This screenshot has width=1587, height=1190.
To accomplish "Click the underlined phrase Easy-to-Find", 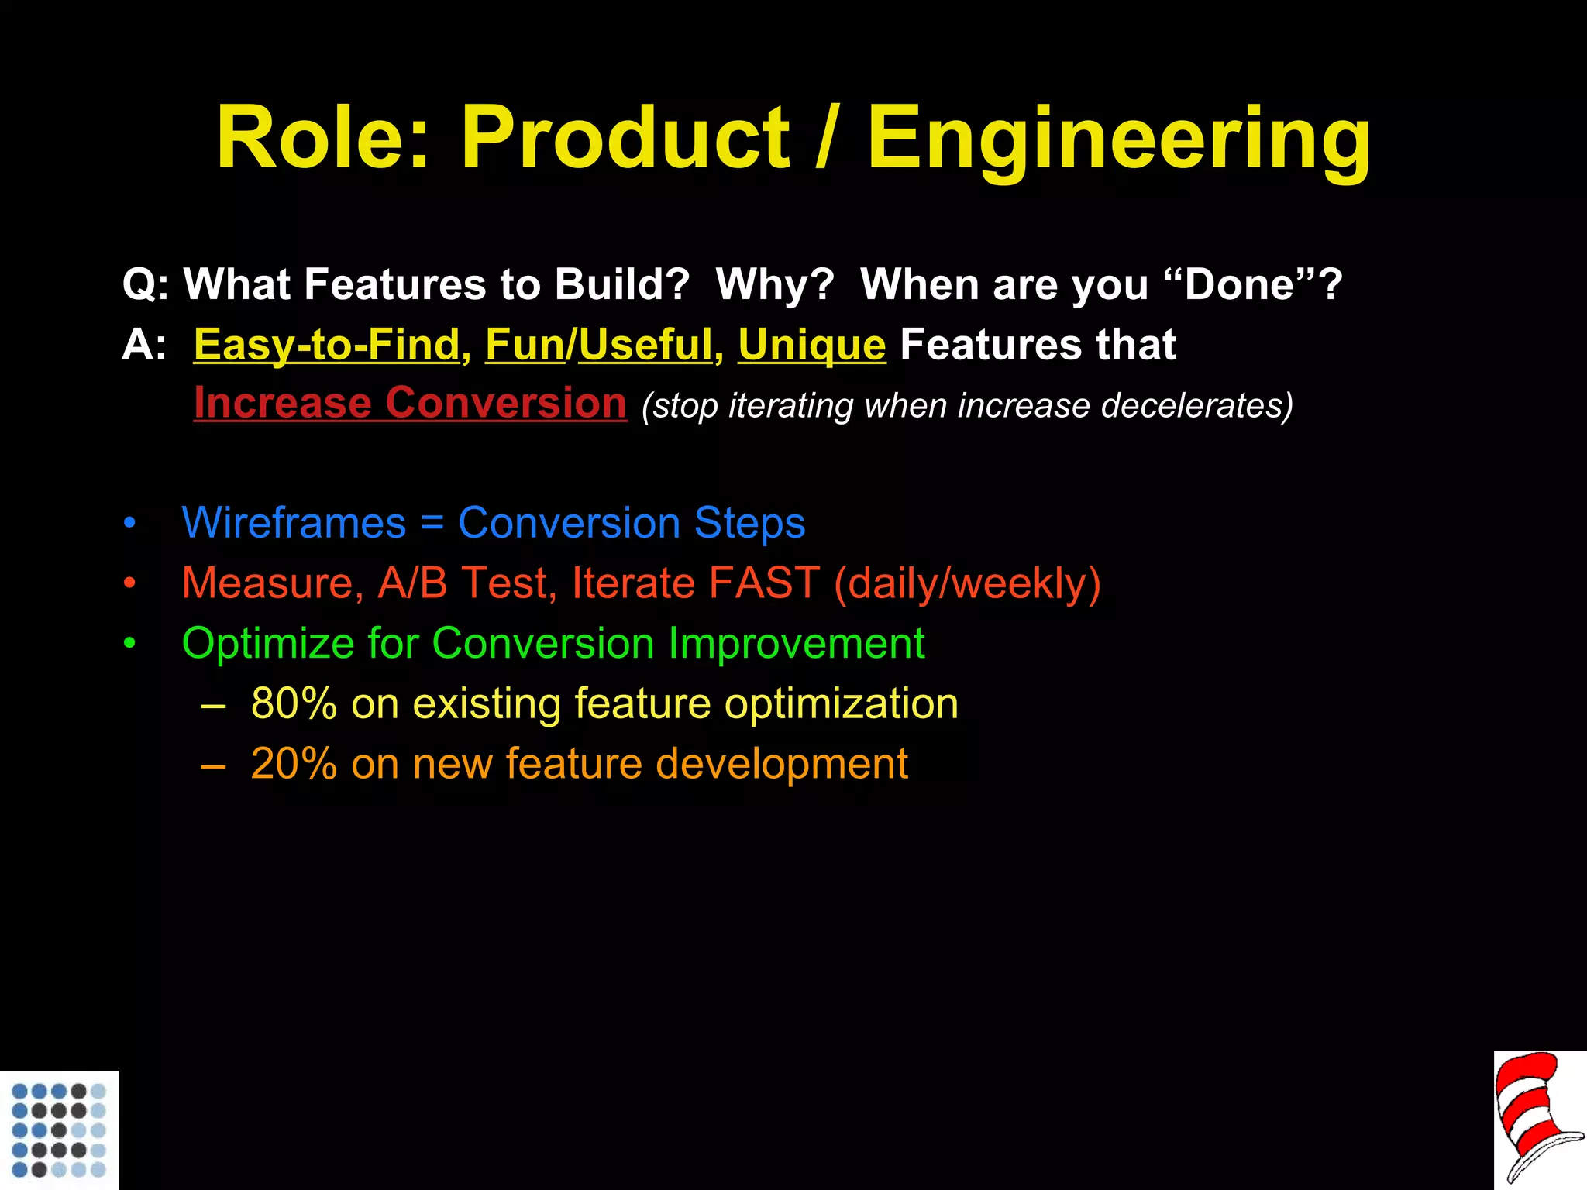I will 327,345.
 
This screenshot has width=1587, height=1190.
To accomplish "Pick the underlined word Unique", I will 811,345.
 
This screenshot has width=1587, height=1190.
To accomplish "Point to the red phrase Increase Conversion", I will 410,404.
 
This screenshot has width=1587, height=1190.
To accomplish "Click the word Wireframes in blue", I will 294,523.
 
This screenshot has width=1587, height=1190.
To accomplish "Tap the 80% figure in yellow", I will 294,703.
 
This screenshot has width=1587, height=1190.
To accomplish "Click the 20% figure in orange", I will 294,764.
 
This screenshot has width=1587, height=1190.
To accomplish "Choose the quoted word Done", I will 1239,284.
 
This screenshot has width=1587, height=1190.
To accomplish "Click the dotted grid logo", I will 59,1130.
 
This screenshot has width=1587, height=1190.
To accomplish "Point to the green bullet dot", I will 130,644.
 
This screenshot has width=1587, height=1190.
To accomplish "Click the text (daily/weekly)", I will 967,583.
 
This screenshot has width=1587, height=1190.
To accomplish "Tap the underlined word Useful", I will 645,345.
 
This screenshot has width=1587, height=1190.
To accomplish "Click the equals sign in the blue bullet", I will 432,523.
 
